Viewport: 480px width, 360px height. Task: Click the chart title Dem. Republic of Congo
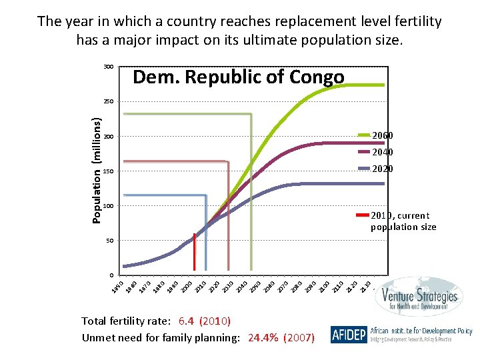click(x=239, y=78)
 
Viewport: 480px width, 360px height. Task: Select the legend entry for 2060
click(x=382, y=136)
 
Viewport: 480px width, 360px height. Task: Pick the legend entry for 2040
click(x=382, y=153)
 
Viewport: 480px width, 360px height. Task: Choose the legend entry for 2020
click(x=382, y=169)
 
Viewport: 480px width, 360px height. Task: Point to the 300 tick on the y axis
click(x=108, y=67)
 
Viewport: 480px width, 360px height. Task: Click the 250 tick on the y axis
click(x=108, y=102)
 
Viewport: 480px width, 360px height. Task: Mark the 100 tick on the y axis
click(x=108, y=206)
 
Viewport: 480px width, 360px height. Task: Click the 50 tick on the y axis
click(x=108, y=241)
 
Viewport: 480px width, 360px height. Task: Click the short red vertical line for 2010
click(x=195, y=253)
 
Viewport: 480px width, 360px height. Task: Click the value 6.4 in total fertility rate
click(x=187, y=321)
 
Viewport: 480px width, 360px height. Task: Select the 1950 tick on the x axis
click(x=117, y=287)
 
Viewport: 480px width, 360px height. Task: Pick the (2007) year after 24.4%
click(x=299, y=338)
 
